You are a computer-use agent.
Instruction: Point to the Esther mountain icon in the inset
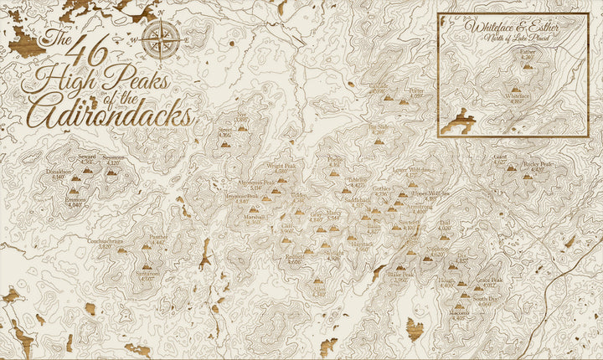tap(527, 64)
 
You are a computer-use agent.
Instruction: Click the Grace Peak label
tap(491, 280)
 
